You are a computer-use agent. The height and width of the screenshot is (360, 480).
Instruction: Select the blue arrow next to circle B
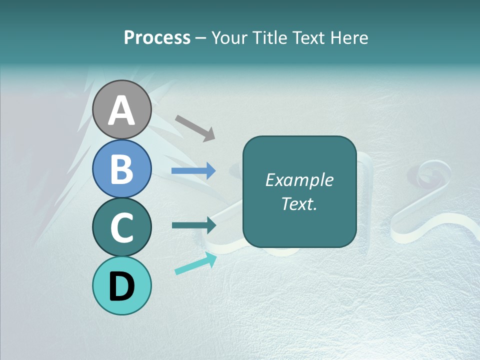193,171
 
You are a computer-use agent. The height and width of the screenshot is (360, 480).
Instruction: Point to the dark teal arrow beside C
194,225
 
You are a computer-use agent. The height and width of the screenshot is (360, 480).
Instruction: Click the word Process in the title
157,37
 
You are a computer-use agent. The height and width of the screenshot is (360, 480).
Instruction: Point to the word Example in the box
299,180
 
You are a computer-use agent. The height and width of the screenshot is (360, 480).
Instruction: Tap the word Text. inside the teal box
299,203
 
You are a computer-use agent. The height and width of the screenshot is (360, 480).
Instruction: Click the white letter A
122,111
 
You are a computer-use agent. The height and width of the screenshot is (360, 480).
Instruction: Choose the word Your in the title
229,37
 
